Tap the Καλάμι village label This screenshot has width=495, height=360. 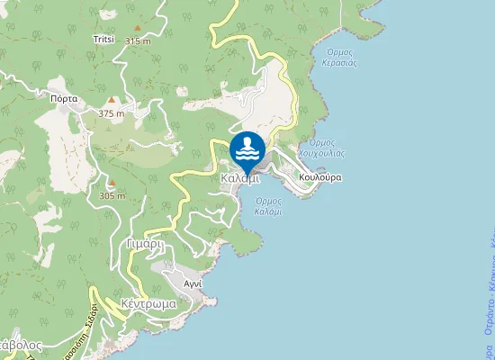pyautogui.click(x=239, y=178)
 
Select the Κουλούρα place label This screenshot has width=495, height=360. pyautogui.click(x=321, y=177)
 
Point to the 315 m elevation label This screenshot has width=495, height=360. pyautogui.click(x=138, y=41)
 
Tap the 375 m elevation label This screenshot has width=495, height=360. pyautogui.click(x=112, y=113)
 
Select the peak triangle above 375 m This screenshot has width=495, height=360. pyautogui.click(x=112, y=101)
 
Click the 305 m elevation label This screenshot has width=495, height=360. pyautogui.click(x=112, y=195)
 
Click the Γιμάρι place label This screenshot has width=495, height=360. pyautogui.click(x=144, y=244)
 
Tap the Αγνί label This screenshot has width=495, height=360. pyautogui.click(x=193, y=283)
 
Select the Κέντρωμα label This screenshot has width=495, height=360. pyautogui.click(x=148, y=304)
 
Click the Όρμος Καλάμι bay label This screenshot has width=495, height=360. pyautogui.click(x=268, y=206)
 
